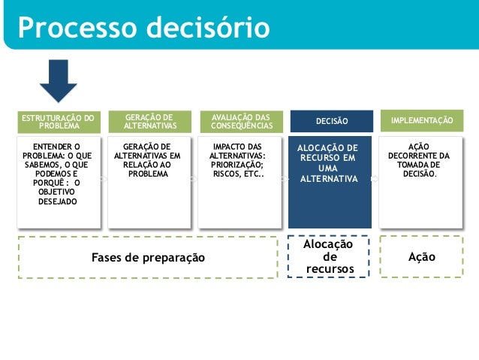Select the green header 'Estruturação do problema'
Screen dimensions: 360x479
58,122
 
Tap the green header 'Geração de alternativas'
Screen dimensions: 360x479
149,122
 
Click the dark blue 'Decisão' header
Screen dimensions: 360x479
330,121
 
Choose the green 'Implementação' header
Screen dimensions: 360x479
422,120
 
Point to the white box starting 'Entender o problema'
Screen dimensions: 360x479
58,180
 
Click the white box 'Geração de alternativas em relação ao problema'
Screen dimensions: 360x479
149,180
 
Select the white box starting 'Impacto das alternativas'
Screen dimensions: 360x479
239,180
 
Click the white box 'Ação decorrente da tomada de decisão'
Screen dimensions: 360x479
420,180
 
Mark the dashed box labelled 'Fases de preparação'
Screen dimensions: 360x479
148,257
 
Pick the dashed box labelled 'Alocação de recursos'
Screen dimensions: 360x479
329,257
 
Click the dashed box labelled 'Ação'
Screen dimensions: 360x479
421,257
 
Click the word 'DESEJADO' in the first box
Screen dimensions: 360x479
58,201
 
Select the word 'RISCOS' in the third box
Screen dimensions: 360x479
227,174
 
